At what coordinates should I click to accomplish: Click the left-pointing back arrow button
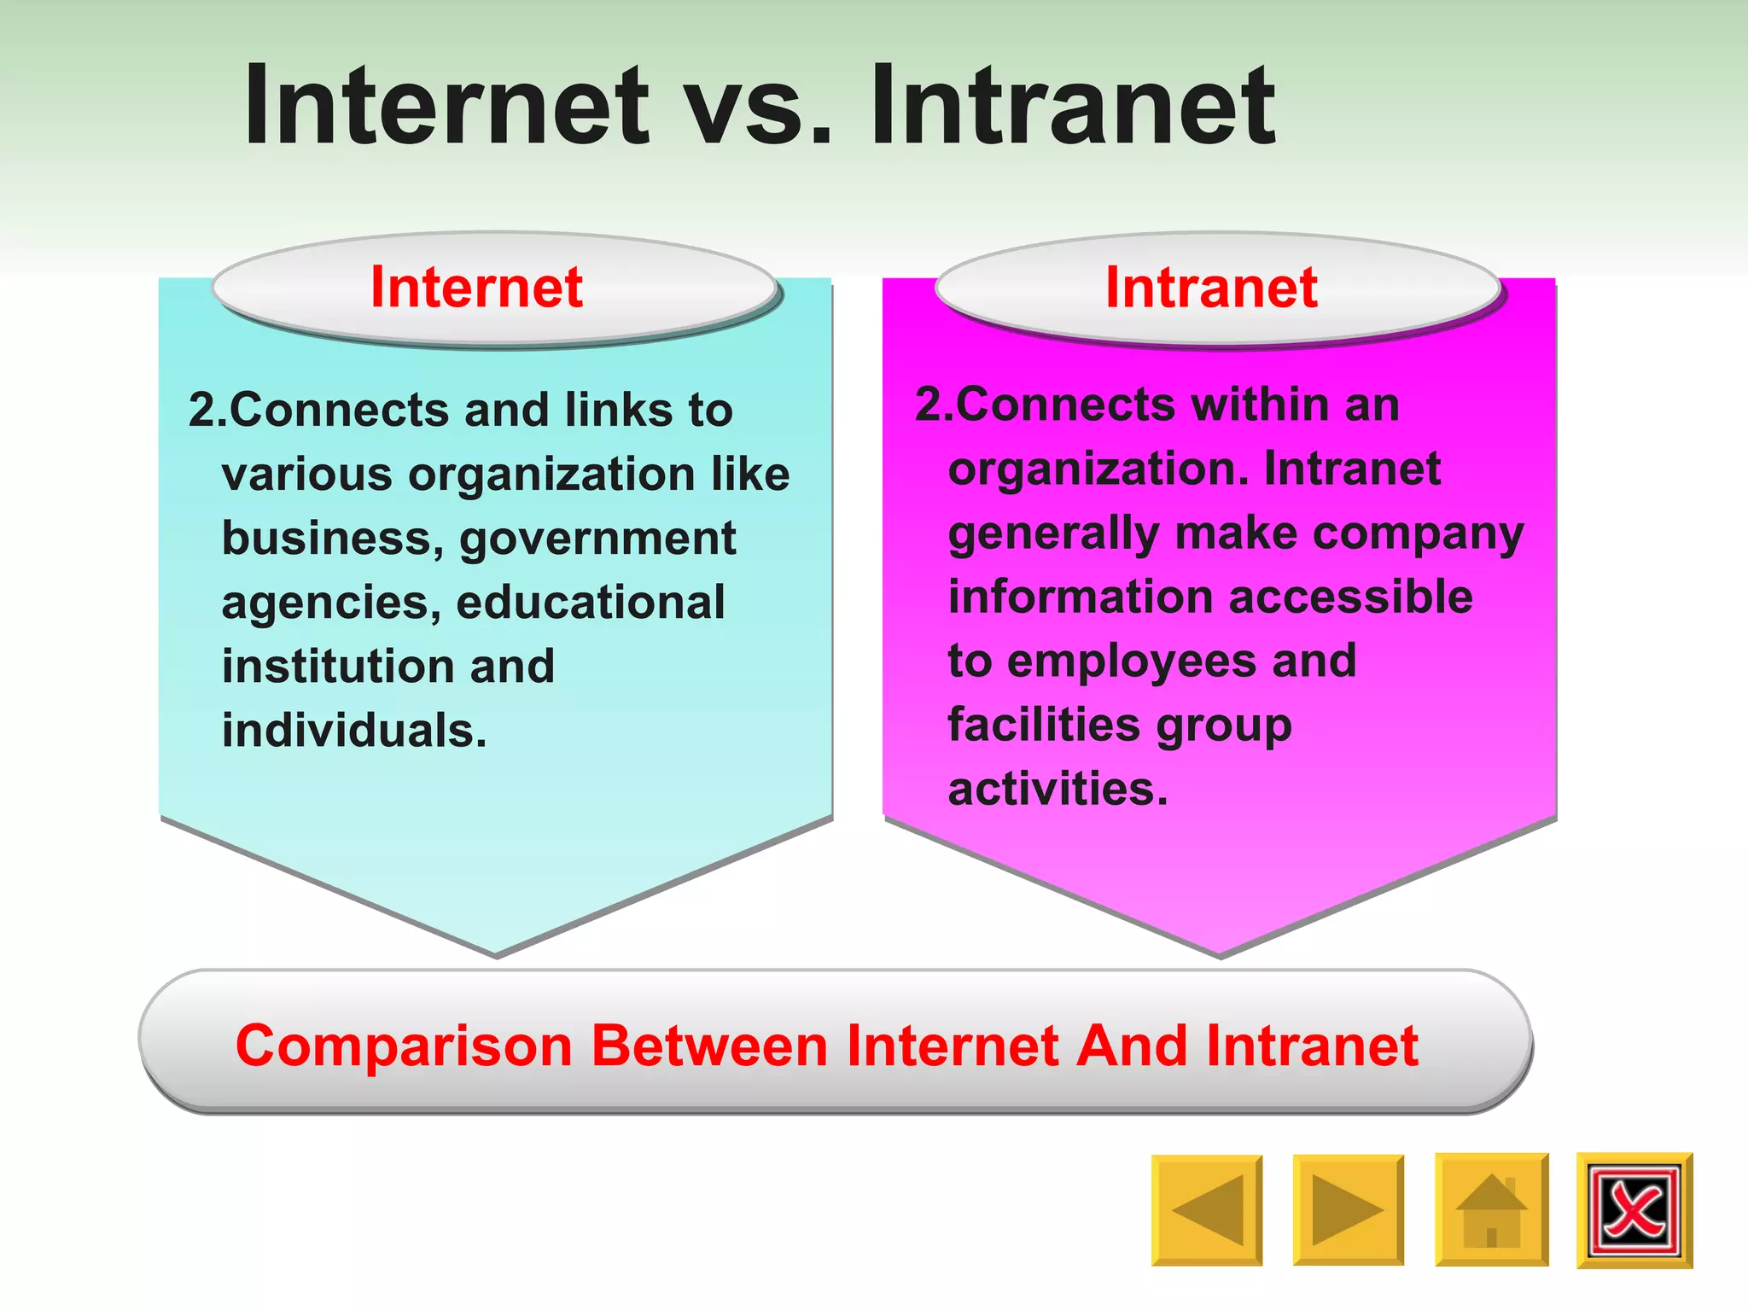pos(1207,1209)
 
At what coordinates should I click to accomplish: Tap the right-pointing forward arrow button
pos(1348,1209)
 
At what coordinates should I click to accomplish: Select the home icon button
pos(1491,1209)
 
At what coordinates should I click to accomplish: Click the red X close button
pos(1634,1209)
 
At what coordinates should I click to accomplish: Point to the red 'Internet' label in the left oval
pos(476,287)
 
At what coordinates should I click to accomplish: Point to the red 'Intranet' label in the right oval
pos(1211,287)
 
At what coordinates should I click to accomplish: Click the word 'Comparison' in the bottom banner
pos(404,1046)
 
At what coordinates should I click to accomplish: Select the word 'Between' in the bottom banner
pos(709,1046)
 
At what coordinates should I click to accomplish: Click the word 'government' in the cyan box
pos(597,539)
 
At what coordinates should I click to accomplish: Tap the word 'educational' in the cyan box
pos(591,603)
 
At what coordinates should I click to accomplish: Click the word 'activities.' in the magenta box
pos(1058,789)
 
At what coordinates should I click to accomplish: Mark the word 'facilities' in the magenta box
pos(1044,725)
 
